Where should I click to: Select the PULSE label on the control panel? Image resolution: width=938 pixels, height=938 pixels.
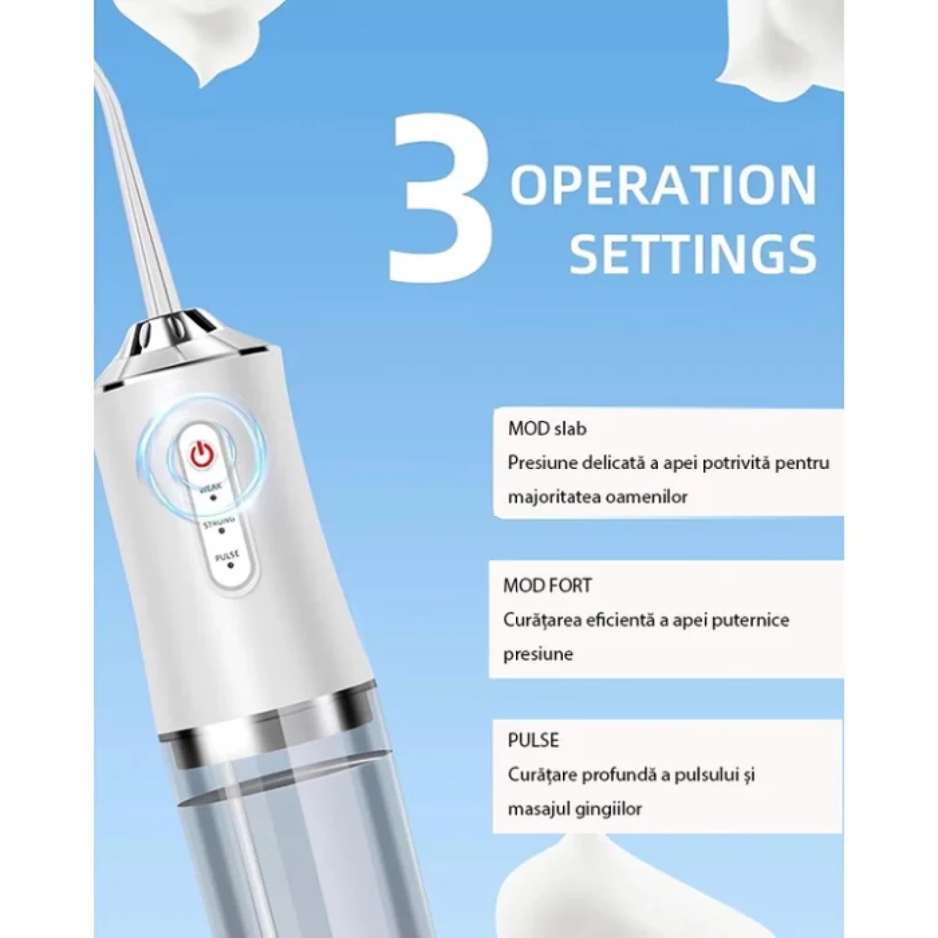click(x=226, y=556)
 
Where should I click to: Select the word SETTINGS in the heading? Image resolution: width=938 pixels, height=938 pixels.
click(x=693, y=254)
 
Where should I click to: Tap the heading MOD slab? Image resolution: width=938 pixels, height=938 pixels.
click(x=547, y=429)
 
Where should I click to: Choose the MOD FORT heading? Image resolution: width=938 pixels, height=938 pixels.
click(x=547, y=585)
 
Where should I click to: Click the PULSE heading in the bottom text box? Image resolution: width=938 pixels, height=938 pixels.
click(x=533, y=740)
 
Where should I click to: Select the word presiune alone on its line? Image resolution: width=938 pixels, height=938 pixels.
click(x=538, y=654)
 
